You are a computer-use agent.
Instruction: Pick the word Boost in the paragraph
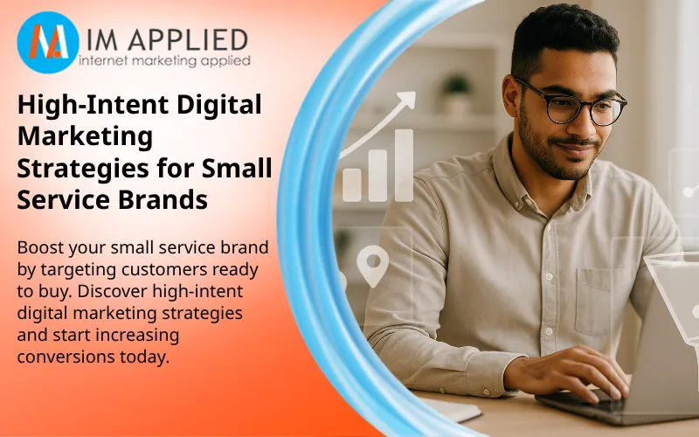[x=40, y=248]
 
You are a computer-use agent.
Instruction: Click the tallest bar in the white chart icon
[x=404, y=166]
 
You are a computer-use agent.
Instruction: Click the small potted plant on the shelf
[x=454, y=89]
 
